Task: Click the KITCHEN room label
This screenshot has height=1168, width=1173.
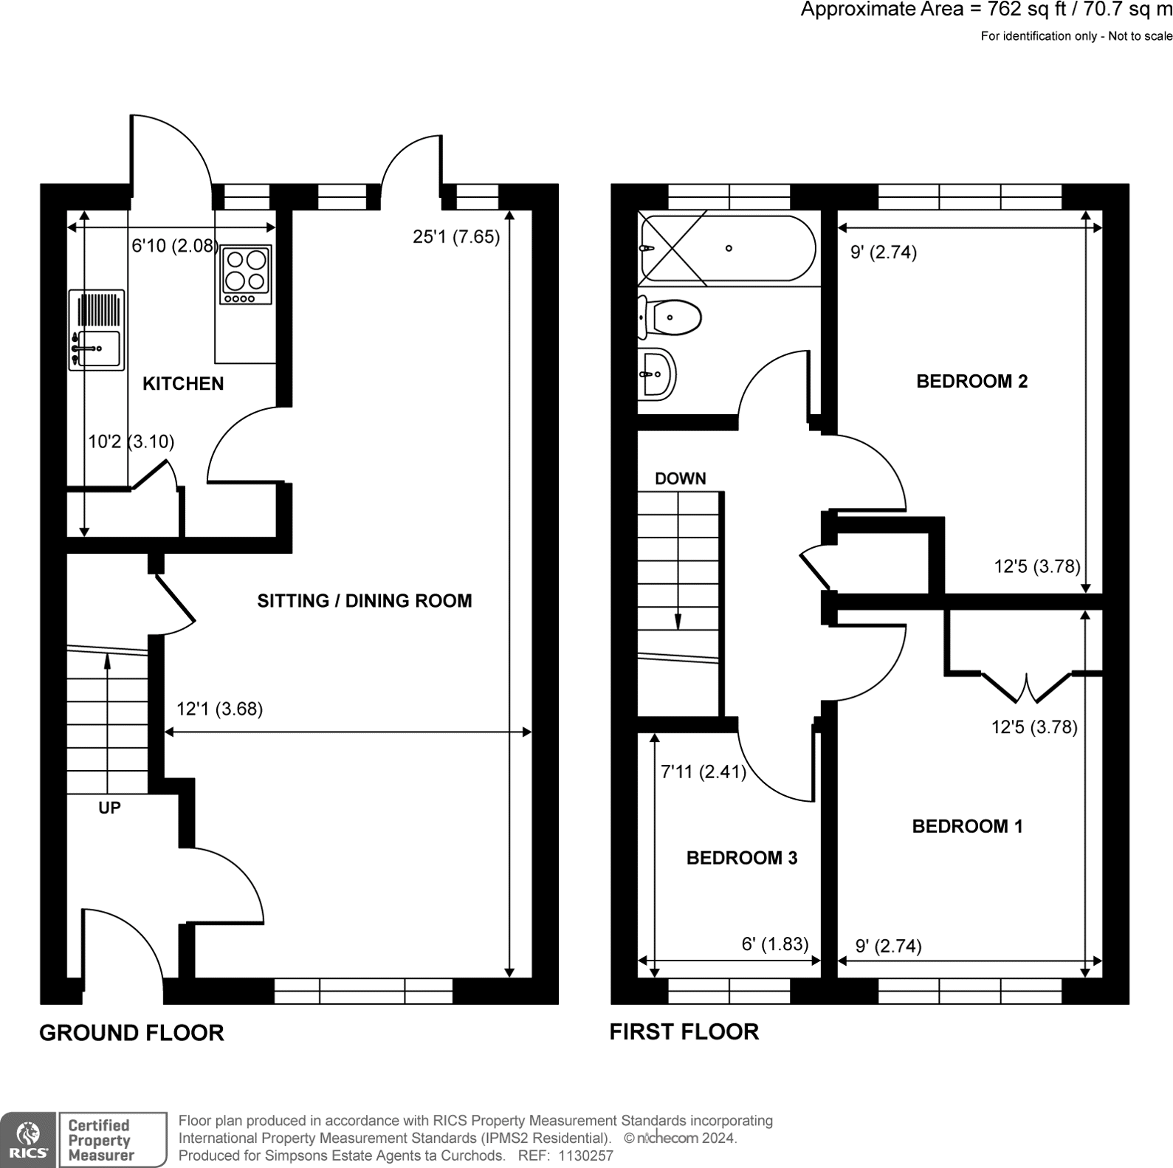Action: pos(182,383)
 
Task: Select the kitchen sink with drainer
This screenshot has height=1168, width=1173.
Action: pos(97,329)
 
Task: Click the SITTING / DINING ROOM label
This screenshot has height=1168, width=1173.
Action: pos(364,600)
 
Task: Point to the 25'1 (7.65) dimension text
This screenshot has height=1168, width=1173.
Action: pos(455,237)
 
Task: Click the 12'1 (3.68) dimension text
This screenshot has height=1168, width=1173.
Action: pos(219,709)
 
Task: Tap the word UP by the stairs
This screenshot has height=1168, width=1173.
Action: pos(109,808)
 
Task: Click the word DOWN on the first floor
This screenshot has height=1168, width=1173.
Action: pos(680,478)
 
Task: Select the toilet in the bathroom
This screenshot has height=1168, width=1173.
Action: pos(670,317)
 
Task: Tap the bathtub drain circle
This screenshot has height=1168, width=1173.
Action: pos(729,248)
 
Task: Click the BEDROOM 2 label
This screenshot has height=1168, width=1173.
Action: pos(971,381)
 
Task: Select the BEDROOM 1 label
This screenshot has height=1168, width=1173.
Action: pos(967,826)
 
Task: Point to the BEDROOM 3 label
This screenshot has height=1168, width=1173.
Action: pos(741,857)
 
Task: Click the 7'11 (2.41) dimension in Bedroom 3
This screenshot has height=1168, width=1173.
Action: pos(703,772)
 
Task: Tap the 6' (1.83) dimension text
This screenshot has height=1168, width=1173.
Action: pos(774,944)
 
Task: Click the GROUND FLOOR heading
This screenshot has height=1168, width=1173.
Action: pos(131,1032)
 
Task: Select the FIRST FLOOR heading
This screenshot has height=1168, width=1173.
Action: pos(684,1031)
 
